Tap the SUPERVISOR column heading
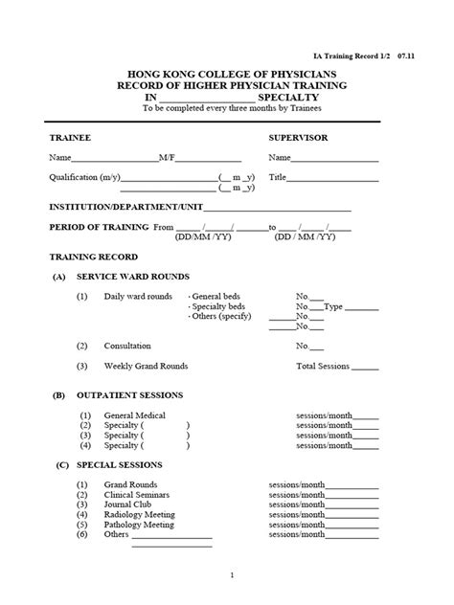[x=298, y=138]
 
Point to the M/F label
[x=165, y=158]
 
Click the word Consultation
[x=127, y=346]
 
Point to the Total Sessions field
[x=323, y=366]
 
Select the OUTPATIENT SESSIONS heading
[x=129, y=394]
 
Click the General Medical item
[x=135, y=415]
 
